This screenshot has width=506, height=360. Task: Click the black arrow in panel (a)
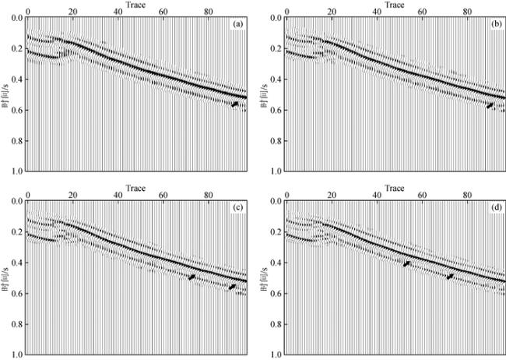234,103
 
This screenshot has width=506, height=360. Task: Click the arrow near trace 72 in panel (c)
192,277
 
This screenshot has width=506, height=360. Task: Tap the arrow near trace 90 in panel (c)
232,287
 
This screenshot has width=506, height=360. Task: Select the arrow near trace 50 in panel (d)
406,264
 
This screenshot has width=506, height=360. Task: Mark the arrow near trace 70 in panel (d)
450,276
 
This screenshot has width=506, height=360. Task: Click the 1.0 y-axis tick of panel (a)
14,170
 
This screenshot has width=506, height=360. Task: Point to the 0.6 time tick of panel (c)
14,293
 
